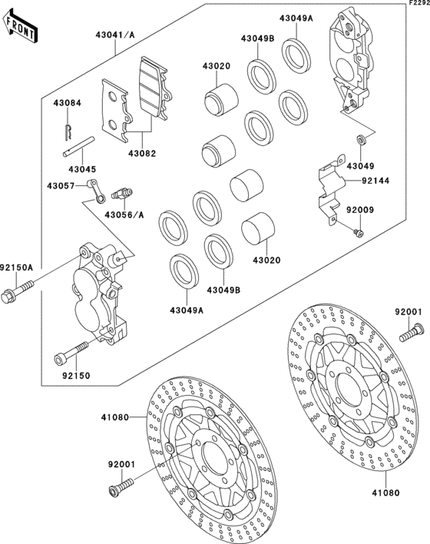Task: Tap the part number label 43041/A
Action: tap(114, 35)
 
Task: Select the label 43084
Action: tap(66, 103)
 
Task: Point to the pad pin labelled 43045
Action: tap(78, 148)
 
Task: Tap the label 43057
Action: tap(61, 186)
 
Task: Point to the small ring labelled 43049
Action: tap(359, 141)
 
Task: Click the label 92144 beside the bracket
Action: tap(375, 181)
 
